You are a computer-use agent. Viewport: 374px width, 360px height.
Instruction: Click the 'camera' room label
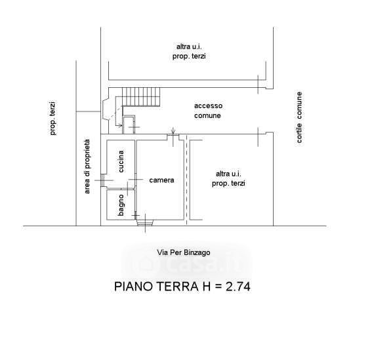click(x=161, y=180)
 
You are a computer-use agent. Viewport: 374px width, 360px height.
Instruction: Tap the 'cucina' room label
click(x=121, y=161)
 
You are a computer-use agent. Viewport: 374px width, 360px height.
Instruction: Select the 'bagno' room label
click(x=121, y=205)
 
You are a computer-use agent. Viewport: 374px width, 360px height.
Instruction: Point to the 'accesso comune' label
click(x=208, y=111)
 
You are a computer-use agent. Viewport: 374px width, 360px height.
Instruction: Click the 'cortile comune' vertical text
click(x=299, y=117)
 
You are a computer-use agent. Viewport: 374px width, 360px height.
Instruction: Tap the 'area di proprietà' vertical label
click(x=87, y=167)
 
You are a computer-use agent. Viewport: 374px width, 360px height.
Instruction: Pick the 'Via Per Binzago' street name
click(x=184, y=252)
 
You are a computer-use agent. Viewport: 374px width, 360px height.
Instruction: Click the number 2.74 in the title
click(x=238, y=287)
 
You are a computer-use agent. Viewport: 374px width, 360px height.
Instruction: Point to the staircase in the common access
click(x=141, y=97)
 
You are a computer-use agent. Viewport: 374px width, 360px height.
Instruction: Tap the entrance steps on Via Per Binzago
click(x=144, y=223)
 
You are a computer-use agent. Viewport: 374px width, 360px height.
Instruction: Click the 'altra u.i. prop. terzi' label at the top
click(x=189, y=52)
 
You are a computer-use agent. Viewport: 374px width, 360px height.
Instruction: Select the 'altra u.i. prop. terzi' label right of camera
click(x=228, y=178)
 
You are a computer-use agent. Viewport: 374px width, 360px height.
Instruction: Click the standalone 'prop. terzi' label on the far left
click(x=53, y=119)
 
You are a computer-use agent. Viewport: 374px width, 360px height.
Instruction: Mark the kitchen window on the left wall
click(x=102, y=180)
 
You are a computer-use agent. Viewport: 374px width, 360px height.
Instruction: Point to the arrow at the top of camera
click(x=173, y=131)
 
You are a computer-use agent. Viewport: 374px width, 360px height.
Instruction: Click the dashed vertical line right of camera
click(x=186, y=180)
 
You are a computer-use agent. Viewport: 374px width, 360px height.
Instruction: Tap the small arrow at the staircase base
click(x=118, y=125)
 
